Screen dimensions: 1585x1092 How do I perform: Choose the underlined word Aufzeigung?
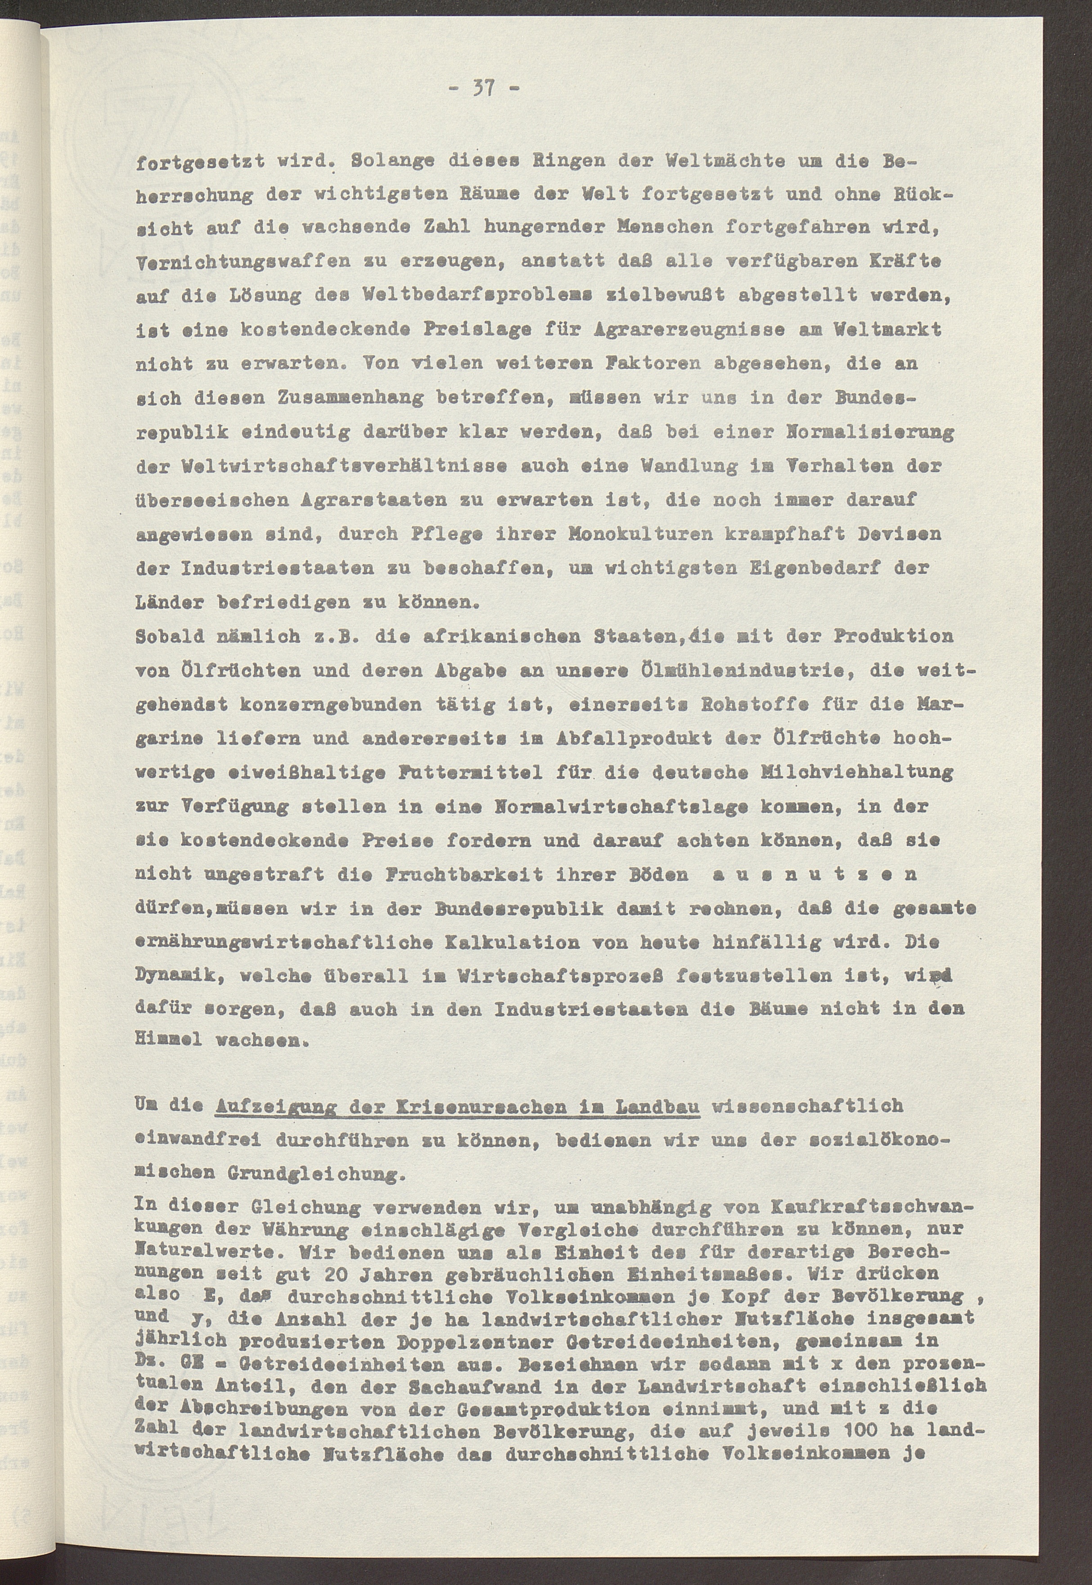(x=271, y=1106)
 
